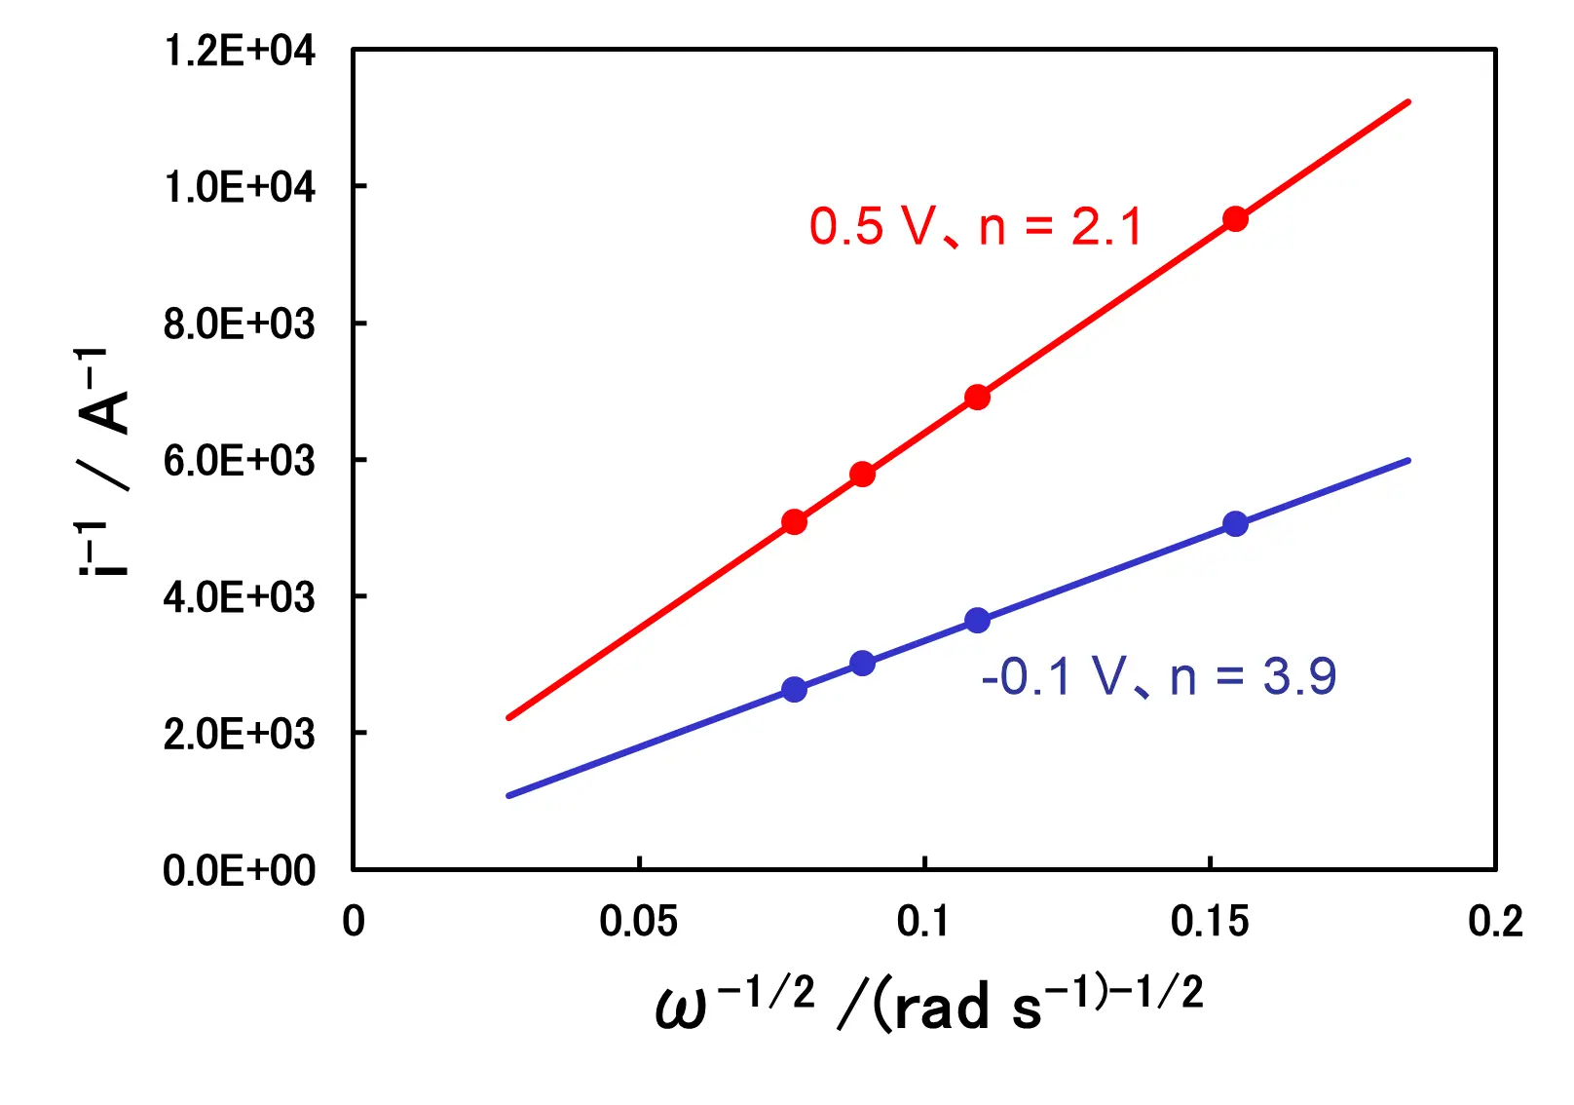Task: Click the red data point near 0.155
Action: [1235, 219]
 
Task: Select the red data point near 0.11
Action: [977, 397]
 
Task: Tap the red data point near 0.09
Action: [862, 475]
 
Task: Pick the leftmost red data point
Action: [794, 522]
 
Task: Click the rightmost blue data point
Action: [1235, 524]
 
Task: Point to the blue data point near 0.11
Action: [977, 621]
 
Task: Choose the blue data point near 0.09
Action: [862, 664]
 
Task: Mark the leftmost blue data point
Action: [794, 690]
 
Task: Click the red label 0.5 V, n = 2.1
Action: [975, 227]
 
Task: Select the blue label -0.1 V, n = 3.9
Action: [1158, 676]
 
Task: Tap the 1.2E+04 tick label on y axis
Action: [240, 51]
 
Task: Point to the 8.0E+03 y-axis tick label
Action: [240, 324]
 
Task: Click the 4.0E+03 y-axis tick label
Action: [240, 596]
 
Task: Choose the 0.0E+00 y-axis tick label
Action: [240, 870]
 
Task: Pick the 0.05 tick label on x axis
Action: [638, 922]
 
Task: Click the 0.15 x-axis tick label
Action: [1209, 922]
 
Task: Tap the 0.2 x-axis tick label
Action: [1495, 922]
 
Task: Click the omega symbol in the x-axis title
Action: [680, 1010]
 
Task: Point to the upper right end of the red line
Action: [1408, 101]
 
